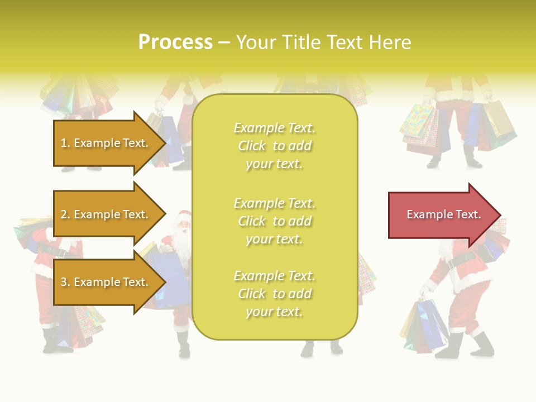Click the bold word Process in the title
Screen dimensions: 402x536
[x=175, y=42]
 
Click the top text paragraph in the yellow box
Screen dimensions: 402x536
[x=274, y=146]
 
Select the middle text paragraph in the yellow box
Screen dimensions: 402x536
[x=274, y=221]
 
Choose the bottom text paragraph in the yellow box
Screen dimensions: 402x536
[x=274, y=294]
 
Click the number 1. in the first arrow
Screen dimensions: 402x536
[x=65, y=143]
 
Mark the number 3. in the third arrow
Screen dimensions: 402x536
[x=65, y=282]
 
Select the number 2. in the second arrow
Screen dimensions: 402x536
[x=65, y=214]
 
